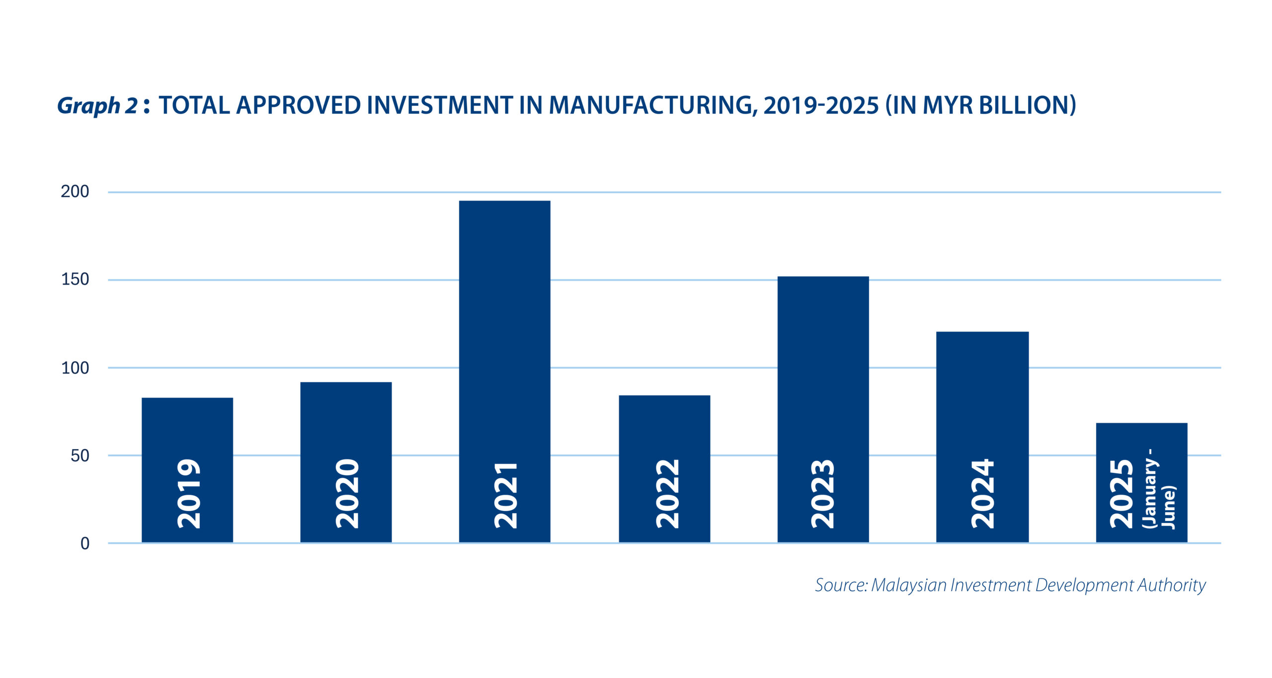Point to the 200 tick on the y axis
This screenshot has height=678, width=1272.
75,192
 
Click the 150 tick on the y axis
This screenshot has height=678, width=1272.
75,280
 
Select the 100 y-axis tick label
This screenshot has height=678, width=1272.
75,368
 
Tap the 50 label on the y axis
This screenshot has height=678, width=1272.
79,456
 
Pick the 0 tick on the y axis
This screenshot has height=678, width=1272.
85,544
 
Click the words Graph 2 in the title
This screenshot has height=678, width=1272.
97,106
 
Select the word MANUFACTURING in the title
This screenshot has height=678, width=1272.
653,106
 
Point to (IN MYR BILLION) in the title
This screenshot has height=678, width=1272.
981,106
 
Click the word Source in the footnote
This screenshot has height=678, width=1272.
840,585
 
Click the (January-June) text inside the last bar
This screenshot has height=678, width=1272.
1159,489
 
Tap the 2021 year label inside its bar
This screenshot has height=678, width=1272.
506,495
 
